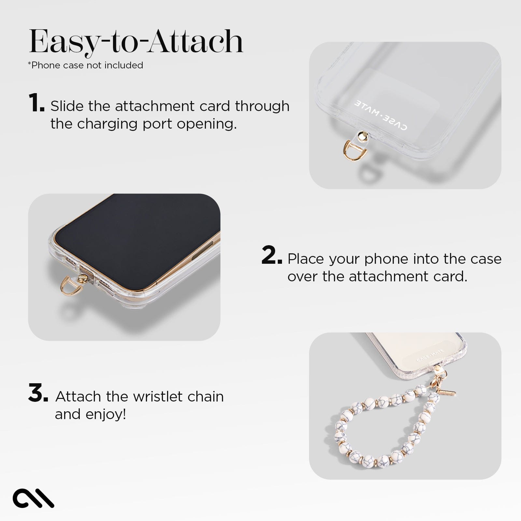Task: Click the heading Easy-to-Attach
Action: tap(136, 42)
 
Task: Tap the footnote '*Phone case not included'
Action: tap(85, 65)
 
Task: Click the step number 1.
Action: tap(36, 103)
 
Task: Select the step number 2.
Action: tap(271, 256)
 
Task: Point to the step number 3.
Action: tap(38, 393)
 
